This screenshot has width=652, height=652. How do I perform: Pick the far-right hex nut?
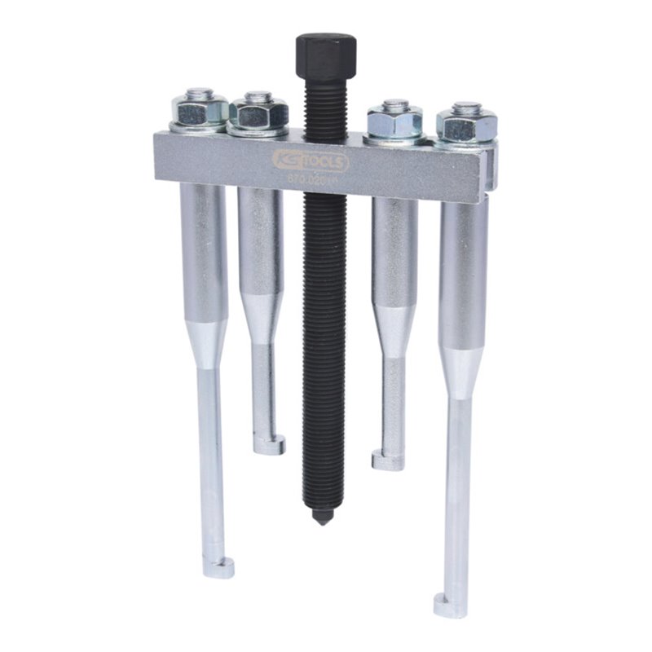(466, 124)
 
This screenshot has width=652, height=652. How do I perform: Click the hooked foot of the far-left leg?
(219, 567)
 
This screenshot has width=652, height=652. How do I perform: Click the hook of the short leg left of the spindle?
(270, 445)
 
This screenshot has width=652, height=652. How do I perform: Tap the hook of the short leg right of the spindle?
(388, 460)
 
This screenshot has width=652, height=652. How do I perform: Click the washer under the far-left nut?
(198, 128)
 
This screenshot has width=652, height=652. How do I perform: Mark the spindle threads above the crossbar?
(322, 106)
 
